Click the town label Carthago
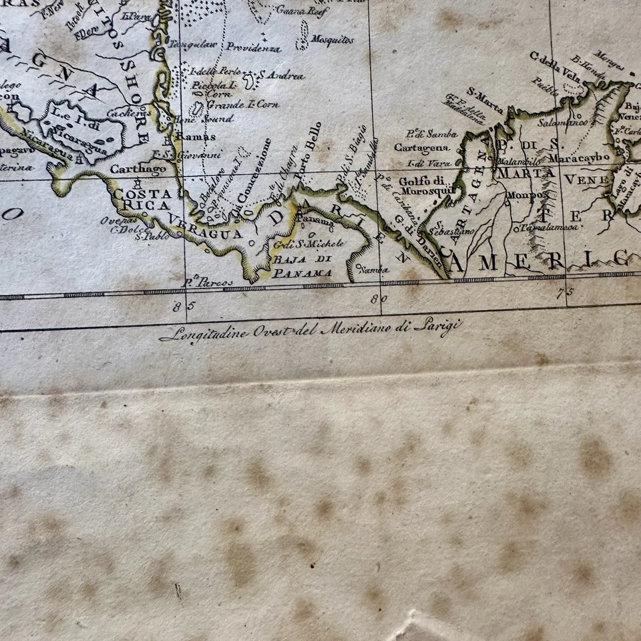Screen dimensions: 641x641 coord(138,169)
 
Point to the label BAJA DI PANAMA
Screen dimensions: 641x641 coord(302,266)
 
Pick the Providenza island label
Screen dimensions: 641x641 coord(252,47)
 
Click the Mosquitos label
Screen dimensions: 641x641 coord(332,39)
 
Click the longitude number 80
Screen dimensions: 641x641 coord(380,298)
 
